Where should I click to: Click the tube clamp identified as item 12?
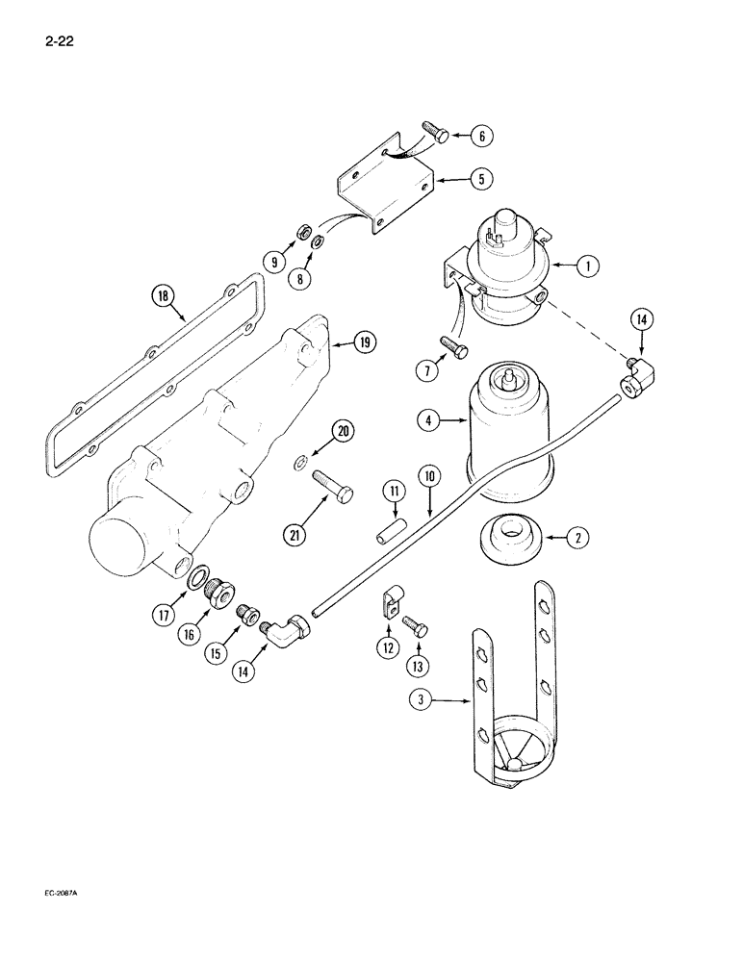[388, 608]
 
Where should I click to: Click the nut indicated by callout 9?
[299, 260]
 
